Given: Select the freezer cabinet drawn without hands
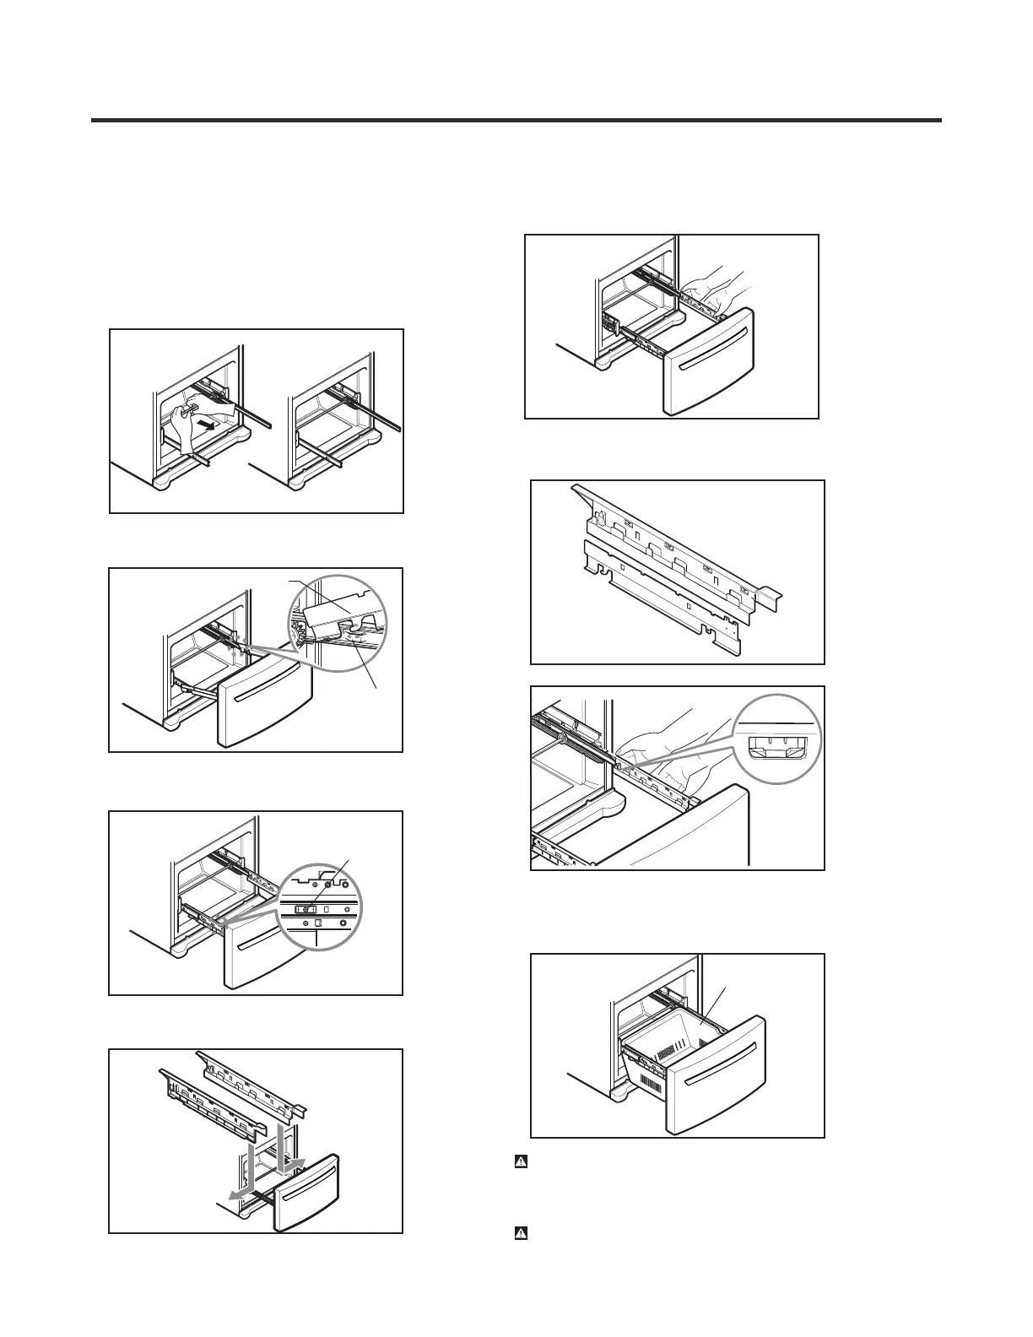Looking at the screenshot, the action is tap(338, 418).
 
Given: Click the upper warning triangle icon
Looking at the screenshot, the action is tap(521, 1162).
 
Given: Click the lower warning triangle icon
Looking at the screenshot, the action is tap(521, 1233).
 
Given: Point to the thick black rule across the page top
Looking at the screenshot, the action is tap(516, 121).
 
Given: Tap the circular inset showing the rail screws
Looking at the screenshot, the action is tap(317, 907).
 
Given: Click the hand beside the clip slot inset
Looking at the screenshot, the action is tap(675, 751).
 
